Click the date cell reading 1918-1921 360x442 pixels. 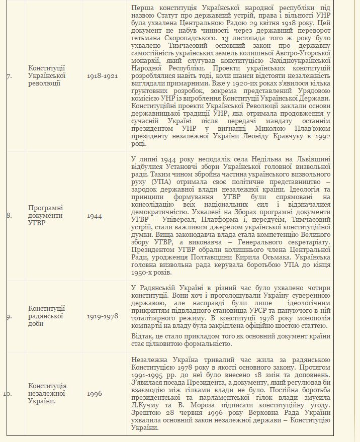tap(102, 75)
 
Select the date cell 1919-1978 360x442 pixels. tap(102, 316)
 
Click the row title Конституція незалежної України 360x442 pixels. tap(47, 393)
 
